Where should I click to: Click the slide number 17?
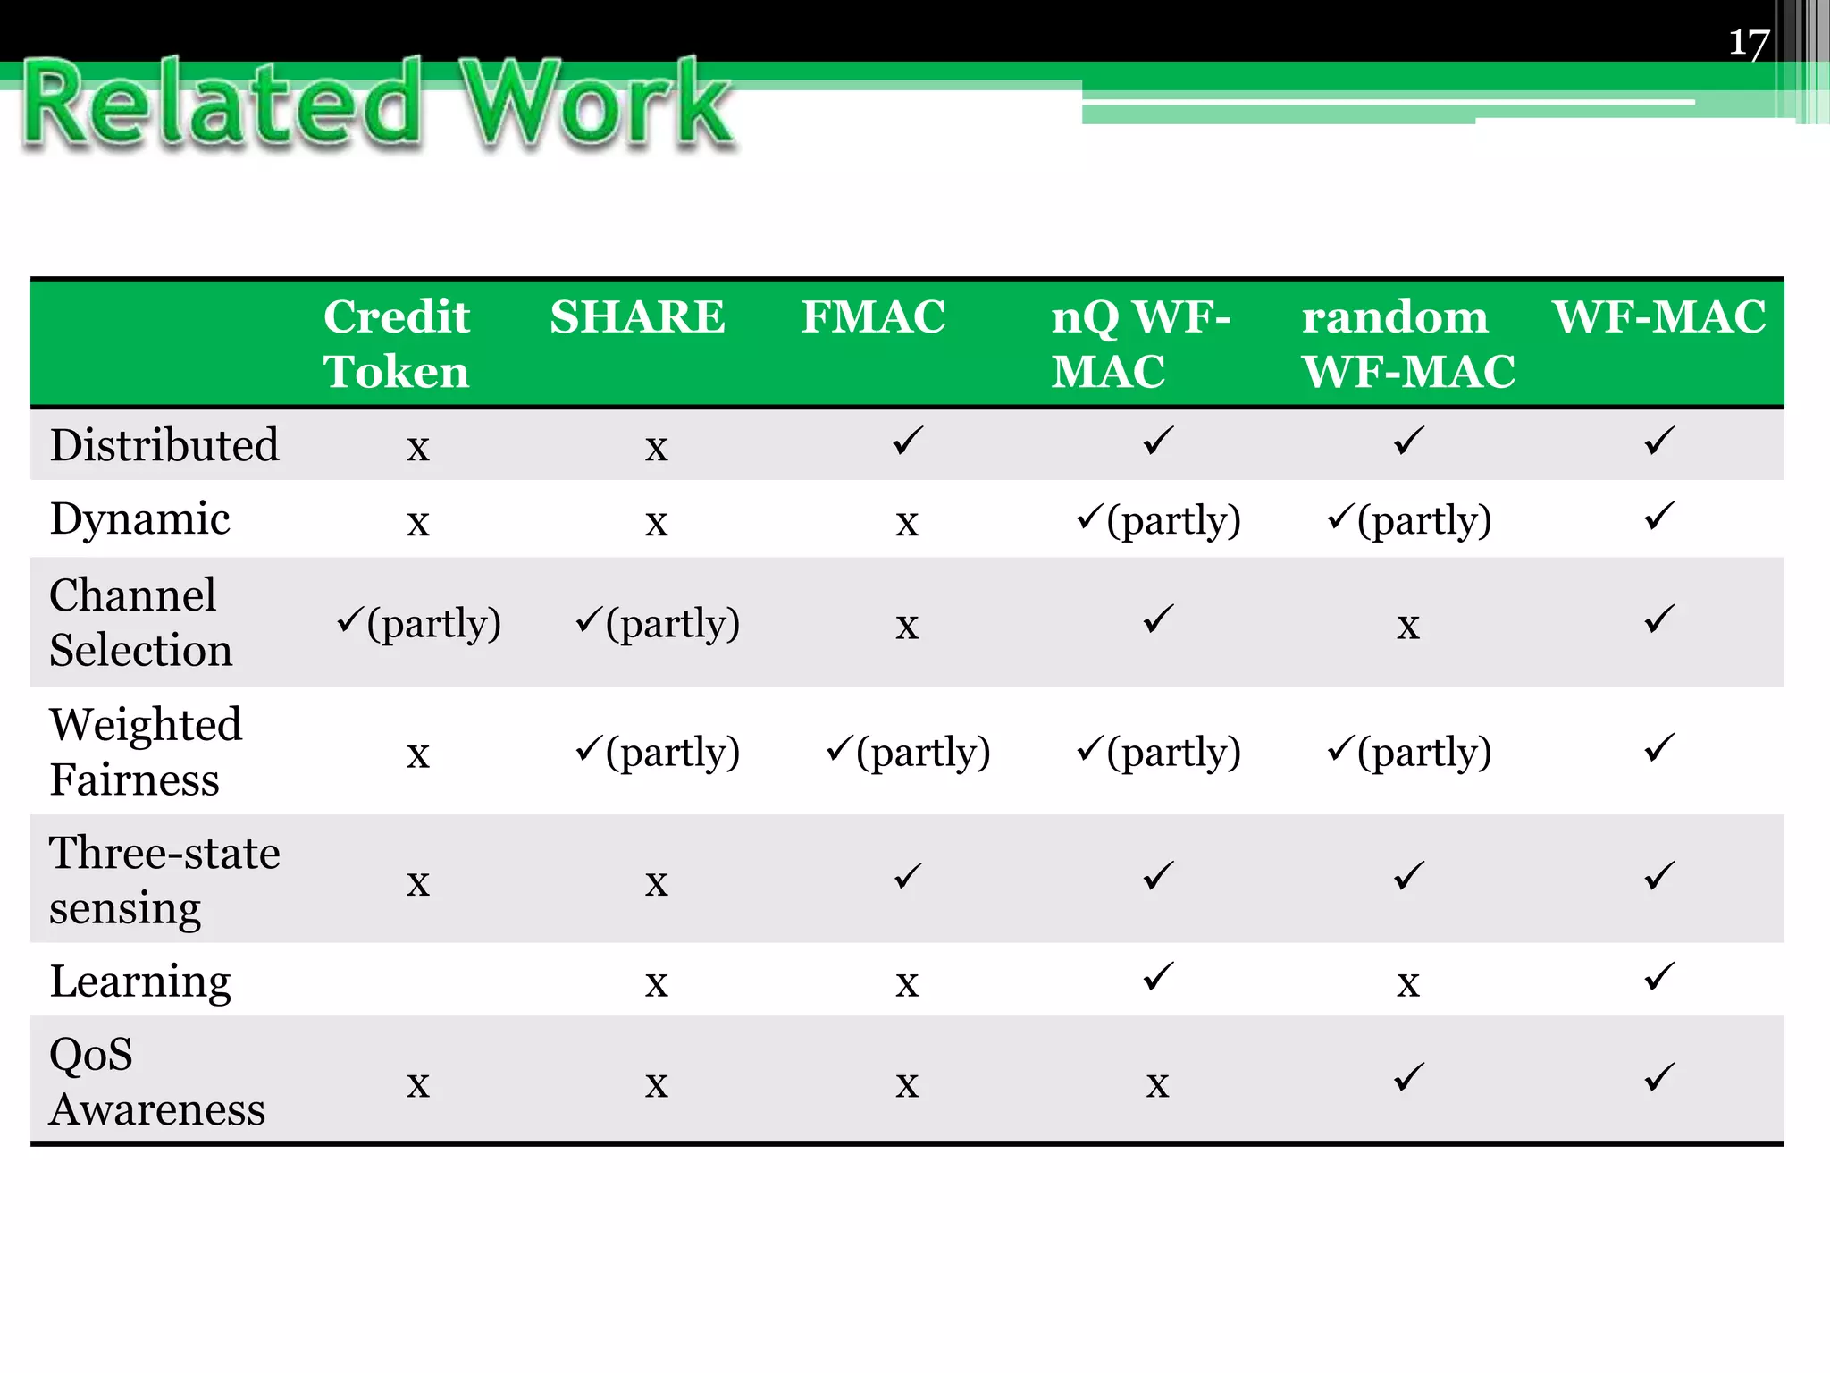coord(1749,43)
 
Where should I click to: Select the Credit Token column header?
coord(397,344)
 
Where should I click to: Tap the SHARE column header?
coord(637,317)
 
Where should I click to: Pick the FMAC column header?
coord(873,317)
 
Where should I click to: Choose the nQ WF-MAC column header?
coord(1140,344)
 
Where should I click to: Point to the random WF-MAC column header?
coord(1407,344)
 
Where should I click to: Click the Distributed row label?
coord(164,445)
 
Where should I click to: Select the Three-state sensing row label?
coord(164,880)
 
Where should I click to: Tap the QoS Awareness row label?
coord(156,1082)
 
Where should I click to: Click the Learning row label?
coord(140,981)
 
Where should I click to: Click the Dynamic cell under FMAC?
coord(907,522)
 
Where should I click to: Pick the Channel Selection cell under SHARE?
coord(658,623)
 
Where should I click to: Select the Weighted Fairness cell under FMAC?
coord(908,752)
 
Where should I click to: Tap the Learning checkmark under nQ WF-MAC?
coord(1158,977)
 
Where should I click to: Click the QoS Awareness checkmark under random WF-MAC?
coord(1408,1077)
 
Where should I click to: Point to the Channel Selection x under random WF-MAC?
coord(1408,626)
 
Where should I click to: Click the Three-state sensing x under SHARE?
coord(657,883)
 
